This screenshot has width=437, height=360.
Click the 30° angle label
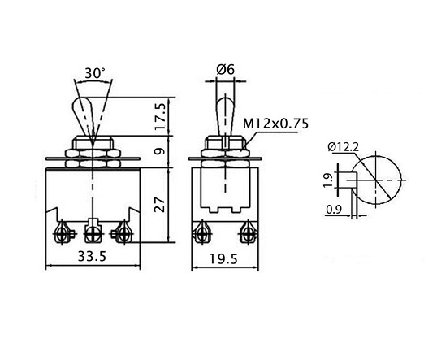(95, 73)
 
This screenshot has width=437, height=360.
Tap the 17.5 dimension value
(162, 116)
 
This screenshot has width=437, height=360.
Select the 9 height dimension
(160, 152)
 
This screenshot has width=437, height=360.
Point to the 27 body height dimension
(160, 205)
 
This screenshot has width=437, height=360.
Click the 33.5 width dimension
(92, 256)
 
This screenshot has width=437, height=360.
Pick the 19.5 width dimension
(224, 259)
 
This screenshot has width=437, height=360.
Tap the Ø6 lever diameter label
(226, 69)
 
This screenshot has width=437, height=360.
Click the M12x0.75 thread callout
(276, 124)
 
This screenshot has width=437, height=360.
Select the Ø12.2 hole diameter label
(344, 147)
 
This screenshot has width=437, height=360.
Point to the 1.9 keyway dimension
(329, 180)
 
